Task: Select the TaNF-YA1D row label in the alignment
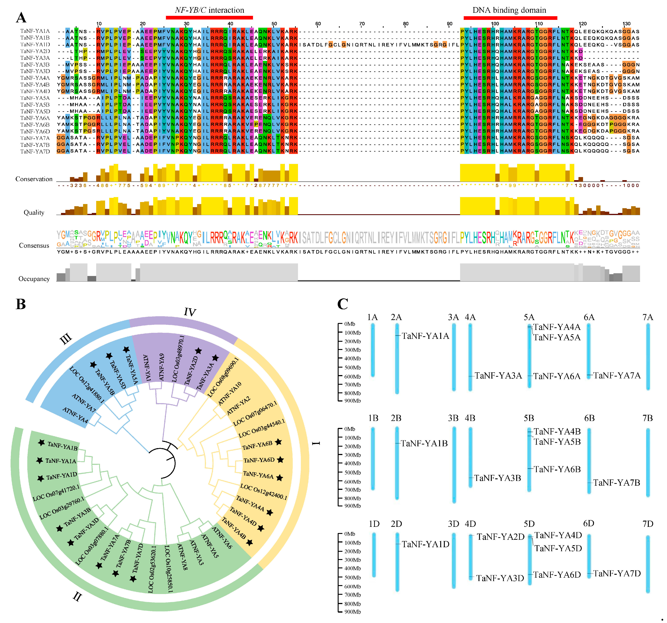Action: (35, 45)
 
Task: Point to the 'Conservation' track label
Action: (34, 179)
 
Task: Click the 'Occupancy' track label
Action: (34, 279)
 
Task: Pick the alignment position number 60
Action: (318, 24)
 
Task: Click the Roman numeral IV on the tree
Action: (190, 312)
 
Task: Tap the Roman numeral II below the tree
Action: (77, 596)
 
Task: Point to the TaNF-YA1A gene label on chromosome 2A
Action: (425, 336)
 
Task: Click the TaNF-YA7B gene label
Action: (616, 483)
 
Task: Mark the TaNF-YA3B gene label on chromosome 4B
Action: (498, 478)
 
